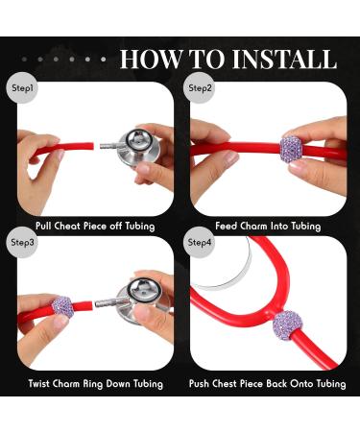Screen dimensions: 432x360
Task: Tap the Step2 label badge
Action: pos(201,87)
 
